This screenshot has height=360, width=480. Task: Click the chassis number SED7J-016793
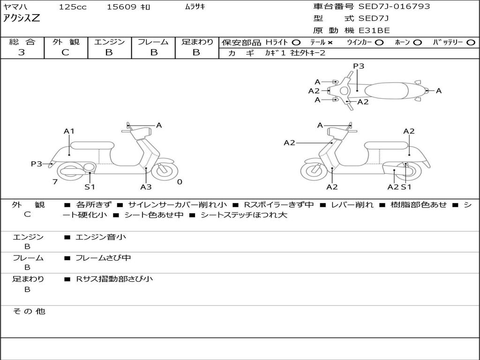tap(394, 6)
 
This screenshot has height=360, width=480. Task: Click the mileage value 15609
tap(121, 7)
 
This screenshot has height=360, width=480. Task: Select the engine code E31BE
tap(374, 30)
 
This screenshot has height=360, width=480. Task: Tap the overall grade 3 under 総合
tap(22, 52)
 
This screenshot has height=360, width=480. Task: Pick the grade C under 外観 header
tap(65, 52)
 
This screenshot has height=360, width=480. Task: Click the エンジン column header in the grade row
tap(109, 42)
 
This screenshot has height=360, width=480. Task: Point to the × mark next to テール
tap(330, 43)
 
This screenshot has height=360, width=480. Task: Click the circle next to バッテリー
tap(471, 43)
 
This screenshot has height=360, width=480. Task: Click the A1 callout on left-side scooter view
tap(69, 131)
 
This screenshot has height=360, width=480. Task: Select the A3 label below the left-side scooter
tap(146, 187)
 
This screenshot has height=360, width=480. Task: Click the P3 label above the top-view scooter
tap(359, 66)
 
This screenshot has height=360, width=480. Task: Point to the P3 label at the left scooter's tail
tap(37, 164)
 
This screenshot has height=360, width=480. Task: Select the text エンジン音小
tap(101, 237)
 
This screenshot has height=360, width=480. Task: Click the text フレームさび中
tap(103, 258)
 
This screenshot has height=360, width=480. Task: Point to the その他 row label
tap(29, 311)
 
